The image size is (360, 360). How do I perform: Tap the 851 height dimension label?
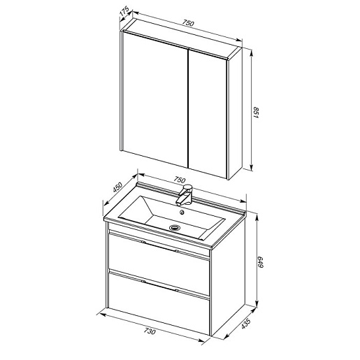[x=256, y=113]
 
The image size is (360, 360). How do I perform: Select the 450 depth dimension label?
[x=117, y=187]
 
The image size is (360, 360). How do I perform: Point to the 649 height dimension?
[x=260, y=262]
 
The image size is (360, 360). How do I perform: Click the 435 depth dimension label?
[x=245, y=324]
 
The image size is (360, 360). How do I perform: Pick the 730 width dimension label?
[x=150, y=331]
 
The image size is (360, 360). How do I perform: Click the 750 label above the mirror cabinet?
[x=188, y=23]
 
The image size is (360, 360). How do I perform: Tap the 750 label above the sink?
[x=180, y=180]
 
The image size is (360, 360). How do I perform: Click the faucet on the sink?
[x=185, y=195]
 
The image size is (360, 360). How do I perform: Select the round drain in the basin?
[x=174, y=227]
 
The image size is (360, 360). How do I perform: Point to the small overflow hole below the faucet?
[x=182, y=212]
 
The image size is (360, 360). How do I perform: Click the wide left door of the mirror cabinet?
[x=155, y=99]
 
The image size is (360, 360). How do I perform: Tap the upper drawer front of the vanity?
[x=159, y=264]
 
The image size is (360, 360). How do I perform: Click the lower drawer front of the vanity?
[x=159, y=304]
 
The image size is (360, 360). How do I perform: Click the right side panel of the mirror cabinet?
[x=235, y=113]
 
